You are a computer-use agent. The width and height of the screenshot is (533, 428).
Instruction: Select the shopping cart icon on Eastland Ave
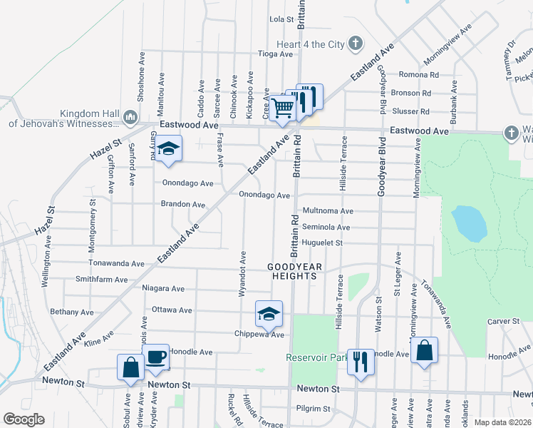point(283,108)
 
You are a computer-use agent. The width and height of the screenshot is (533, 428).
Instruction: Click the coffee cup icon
point(157,356)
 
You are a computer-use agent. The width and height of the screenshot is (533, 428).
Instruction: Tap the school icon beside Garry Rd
point(167,148)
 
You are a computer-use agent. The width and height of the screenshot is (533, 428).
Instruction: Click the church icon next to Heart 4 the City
point(356,44)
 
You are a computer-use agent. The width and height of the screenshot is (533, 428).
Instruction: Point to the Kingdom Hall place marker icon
point(130,116)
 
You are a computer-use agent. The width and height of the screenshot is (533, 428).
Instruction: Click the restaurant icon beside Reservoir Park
point(361,362)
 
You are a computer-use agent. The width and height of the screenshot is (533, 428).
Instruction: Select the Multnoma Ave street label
point(328,211)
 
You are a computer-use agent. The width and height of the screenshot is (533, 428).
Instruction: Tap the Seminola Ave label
point(326,228)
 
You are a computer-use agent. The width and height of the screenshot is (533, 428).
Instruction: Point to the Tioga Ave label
point(275,54)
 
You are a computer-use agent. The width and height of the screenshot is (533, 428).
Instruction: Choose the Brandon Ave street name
point(182,205)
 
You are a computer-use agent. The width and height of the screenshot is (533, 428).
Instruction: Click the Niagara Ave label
point(163,289)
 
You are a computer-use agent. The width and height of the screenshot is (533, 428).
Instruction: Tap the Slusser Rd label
point(415,112)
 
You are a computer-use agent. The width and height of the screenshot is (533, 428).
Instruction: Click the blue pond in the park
point(469,223)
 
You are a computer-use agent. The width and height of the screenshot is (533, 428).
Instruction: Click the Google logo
point(24,419)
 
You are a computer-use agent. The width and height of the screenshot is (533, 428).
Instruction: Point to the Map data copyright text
point(502,422)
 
